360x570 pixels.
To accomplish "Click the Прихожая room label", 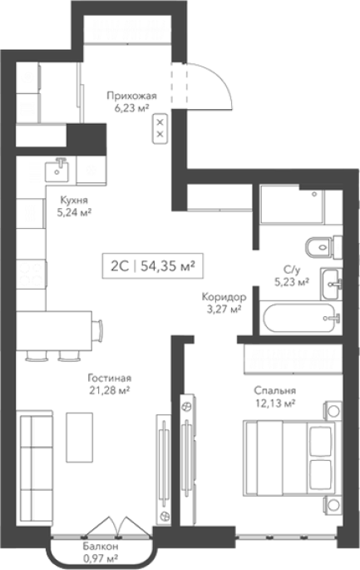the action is [x=131, y=96].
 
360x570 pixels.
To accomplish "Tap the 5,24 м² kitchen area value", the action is [x=74, y=212].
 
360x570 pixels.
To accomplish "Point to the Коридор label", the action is [x=224, y=297].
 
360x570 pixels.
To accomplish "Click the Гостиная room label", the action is [x=110, y=379].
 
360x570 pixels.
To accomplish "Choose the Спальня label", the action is [x=274, y=390].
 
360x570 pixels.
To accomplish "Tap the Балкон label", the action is [x=101, y=547].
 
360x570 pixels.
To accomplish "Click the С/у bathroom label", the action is [x=293, y=269].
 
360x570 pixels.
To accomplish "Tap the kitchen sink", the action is [x=57, y=171].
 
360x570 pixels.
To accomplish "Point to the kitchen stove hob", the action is [x=32, y=274].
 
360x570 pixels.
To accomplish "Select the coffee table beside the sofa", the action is [x=80, y=438].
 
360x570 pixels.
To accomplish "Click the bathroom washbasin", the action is [x=331, y=284].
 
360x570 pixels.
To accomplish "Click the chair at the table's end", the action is [x=98, y=330].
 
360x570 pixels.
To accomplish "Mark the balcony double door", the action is [x=117, y=525].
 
